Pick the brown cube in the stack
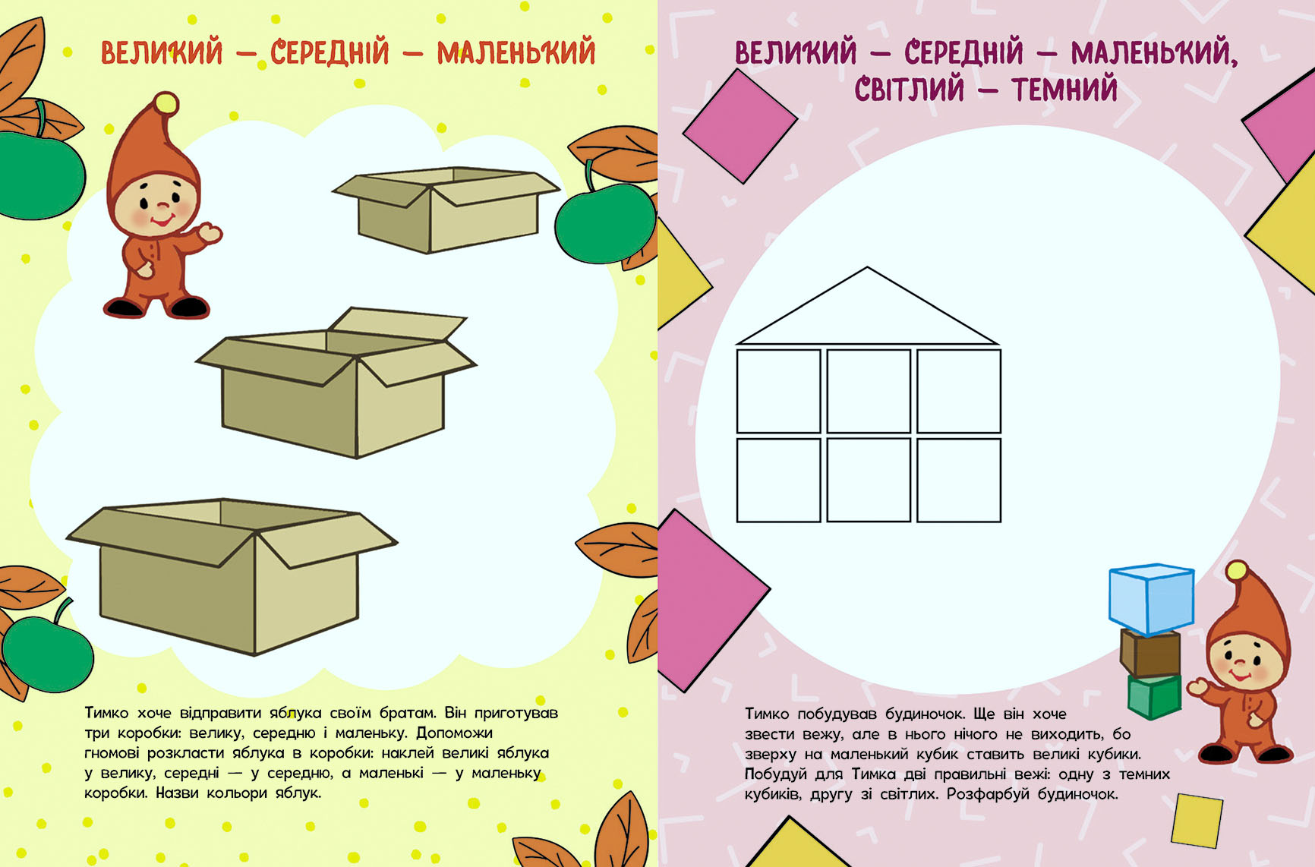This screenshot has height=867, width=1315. (1150, 653)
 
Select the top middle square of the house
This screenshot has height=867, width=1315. (869, 391)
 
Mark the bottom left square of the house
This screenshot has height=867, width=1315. (779, 480)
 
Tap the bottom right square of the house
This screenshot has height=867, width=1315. (959, 480)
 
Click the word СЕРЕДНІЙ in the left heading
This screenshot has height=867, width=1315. (330, 53)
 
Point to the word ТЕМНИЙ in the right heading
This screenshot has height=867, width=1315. (1064, 90)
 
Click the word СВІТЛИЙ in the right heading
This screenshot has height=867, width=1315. (910, 90)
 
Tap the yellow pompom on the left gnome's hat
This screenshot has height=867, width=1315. (166, 103)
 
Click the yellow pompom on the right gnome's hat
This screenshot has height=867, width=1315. (1237, 572)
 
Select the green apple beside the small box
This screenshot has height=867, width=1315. (604, 223)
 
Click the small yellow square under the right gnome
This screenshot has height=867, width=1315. (1197, 820)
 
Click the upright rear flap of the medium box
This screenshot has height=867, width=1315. (396, 325)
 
